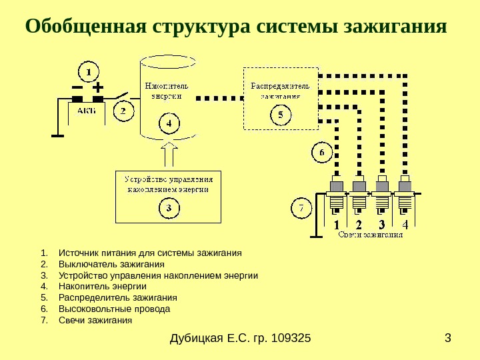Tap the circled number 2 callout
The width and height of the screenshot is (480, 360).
(123, 112)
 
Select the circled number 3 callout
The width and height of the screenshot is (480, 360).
(169, 208)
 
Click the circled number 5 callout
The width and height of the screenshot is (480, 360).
(281, 115)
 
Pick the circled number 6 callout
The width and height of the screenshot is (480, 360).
(323, 153)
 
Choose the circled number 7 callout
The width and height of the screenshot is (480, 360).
(301, 209)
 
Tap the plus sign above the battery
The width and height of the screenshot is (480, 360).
(98, 87)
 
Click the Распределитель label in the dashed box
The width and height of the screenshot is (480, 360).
(281, 86)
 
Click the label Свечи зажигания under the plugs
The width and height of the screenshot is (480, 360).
(371, 235)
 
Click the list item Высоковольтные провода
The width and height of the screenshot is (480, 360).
(115, 309)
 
